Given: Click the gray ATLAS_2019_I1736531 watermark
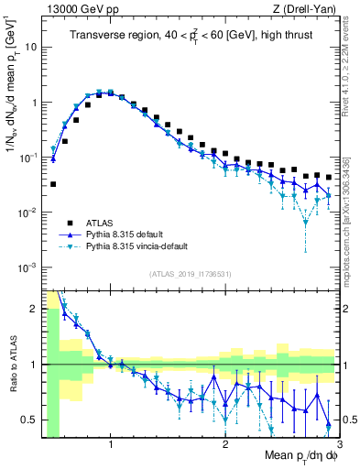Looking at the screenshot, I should pos(190,274).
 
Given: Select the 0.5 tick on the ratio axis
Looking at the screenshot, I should pos(28,420).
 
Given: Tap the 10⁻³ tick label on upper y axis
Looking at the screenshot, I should pos(26,267).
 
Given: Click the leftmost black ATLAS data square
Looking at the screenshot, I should pos(53,184).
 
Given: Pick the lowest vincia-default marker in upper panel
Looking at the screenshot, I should pos(306,223).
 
